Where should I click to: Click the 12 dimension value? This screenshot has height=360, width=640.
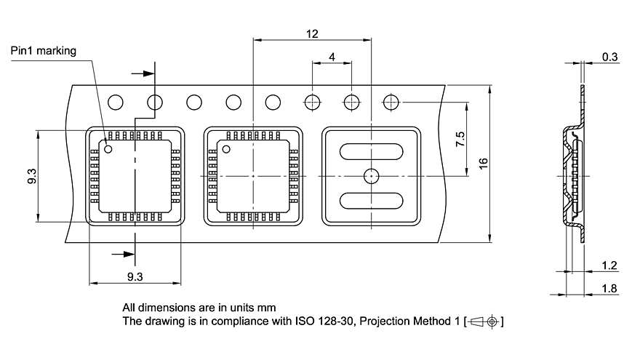coord(311,34)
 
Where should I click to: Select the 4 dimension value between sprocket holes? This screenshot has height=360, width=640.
coord(332,57)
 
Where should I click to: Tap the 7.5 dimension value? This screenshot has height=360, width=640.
coord(460,140)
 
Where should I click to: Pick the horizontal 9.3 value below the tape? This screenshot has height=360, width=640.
coord(135,276)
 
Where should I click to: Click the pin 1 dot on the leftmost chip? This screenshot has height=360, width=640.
coord(108,149)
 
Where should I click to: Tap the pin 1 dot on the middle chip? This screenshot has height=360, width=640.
coord(226,149)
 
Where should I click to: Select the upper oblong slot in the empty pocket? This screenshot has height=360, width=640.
coord(371,151)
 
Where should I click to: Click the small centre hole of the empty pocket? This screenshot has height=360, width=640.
coord(371,175)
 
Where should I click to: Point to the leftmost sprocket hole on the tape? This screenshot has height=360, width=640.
coord(116,103)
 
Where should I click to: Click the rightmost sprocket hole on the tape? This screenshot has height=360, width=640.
coord(391,103)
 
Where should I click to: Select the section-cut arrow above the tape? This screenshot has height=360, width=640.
coord(144,73)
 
